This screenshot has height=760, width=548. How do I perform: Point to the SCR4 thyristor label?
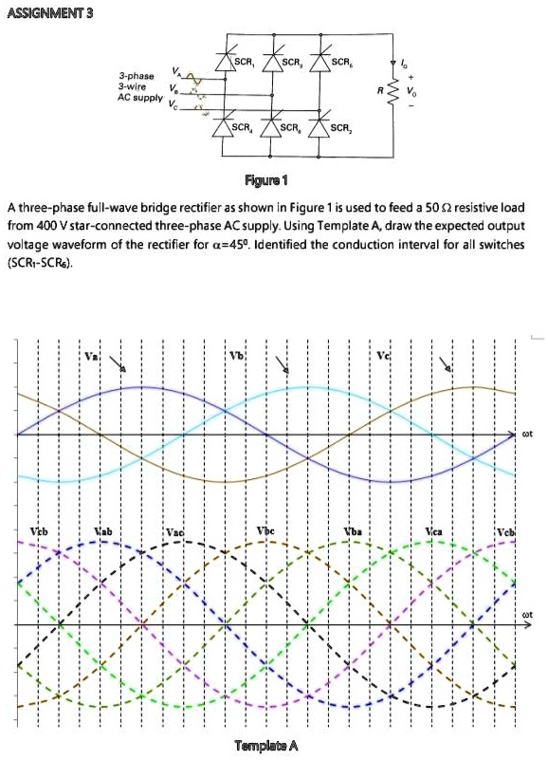tap(245, 126)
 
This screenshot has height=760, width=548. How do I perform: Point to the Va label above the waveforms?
tap(90, 356)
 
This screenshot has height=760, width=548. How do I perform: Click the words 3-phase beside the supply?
tap(136, 74)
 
